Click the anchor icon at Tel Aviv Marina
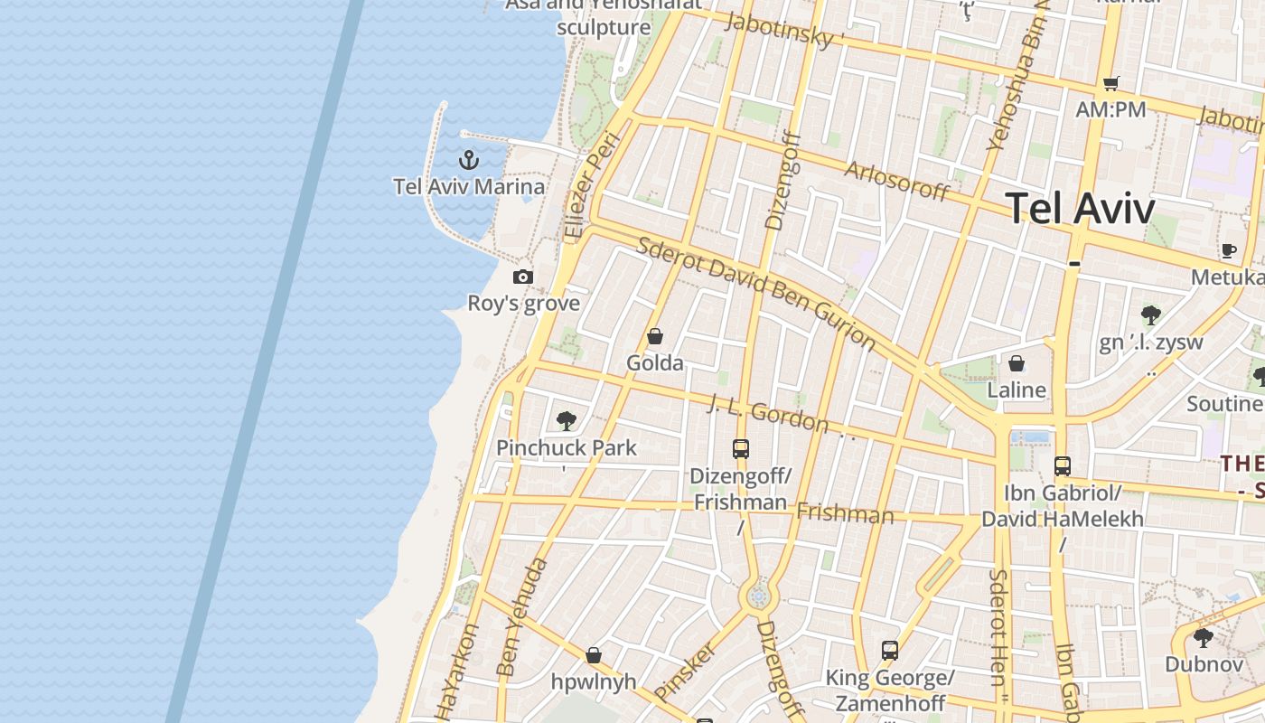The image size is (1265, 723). click(x=468, y=161)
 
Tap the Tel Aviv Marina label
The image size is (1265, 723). click(x=469, y=187)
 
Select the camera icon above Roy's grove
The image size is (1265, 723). click(x=523, y=277)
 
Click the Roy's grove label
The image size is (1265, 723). click(x=523, y=303)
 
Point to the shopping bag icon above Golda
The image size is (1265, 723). click(x=655, y=336)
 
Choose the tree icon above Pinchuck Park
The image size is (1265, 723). click(x=567, y=420)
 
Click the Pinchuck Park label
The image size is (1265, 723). click(x=567, y=447)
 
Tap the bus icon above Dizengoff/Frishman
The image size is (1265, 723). click(x=741, y=448)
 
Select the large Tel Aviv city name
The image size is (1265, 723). click(x=1080, y=209)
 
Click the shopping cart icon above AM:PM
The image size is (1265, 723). click(x=1110, y=84)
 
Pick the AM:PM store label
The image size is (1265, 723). click(x=1110, y=110)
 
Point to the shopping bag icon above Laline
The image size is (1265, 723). click(x=1017, y=363)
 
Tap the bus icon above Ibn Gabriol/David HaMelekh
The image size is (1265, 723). click(x=1063, y=466)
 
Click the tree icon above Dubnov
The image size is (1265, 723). click(x=1203, y=638)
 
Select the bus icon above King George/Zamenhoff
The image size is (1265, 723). click(x=890, y=651)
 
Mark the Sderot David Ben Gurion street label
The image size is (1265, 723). click(x=756, y=293)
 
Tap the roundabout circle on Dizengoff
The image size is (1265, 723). click(x=757, y=596)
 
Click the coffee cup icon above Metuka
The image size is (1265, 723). click(x=1228, y=250)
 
